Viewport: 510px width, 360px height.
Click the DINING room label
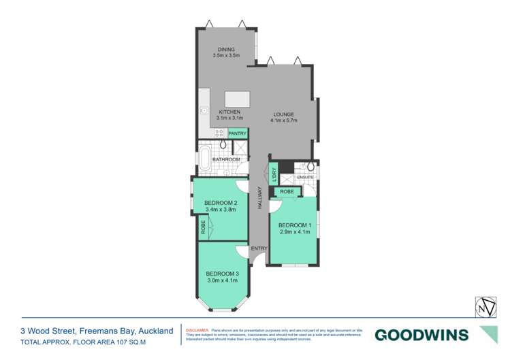[x=226, y=50]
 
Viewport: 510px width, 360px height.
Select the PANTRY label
[x=238, y=134]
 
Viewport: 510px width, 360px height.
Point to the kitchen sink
[x=203, y=110]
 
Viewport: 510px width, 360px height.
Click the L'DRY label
[x=273, y=174]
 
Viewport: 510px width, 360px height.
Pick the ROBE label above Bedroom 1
[x=287, y=192]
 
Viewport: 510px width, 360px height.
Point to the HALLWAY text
[x=259, y=198]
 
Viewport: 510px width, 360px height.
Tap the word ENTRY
[x=259, y=248]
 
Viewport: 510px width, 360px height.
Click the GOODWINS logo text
[x=421, y=334]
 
